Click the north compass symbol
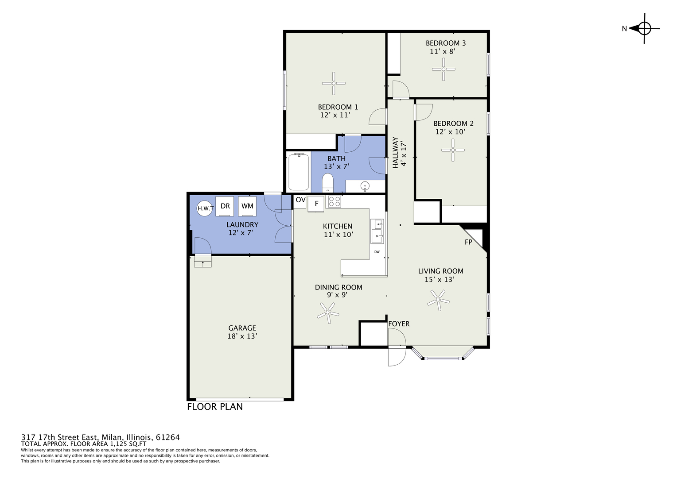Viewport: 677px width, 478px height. (x=644, y=29)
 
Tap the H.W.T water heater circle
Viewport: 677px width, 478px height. (x=205, y=208)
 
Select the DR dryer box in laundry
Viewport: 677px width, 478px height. (x=225, y=206)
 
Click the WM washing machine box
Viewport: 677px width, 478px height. (x=247, y=206)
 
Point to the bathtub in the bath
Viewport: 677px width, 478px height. (x=299, y=172)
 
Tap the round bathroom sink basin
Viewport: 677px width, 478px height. (x=365, y=186)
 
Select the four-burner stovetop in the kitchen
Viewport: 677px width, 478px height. (x=335, y=202)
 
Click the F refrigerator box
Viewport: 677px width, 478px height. (x=316, y=204)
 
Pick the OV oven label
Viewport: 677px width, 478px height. (x=300, y=200)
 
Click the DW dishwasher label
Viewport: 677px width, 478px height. (x=377, y=252)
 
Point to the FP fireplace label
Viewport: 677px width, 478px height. (x=468, y=242)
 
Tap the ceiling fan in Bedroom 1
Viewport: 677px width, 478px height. (x=334, y=83)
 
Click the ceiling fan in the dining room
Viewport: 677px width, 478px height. (x=328, y=313)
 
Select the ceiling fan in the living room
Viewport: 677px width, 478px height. (x=438, y=300)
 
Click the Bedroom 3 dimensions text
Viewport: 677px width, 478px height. (x=443, y=51)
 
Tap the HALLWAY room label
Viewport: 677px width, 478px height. (x=395, y=153)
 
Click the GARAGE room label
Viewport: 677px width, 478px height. (x=242, y=328)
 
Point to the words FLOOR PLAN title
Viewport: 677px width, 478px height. (x=215, y=407)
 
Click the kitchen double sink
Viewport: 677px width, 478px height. (x=377, y=231)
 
